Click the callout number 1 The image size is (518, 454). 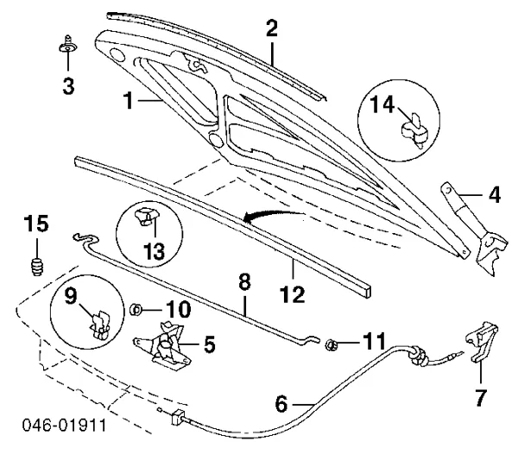129,101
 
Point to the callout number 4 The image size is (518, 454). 493,194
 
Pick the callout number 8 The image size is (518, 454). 244,282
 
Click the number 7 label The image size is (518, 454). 480,399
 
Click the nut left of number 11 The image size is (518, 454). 330,346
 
